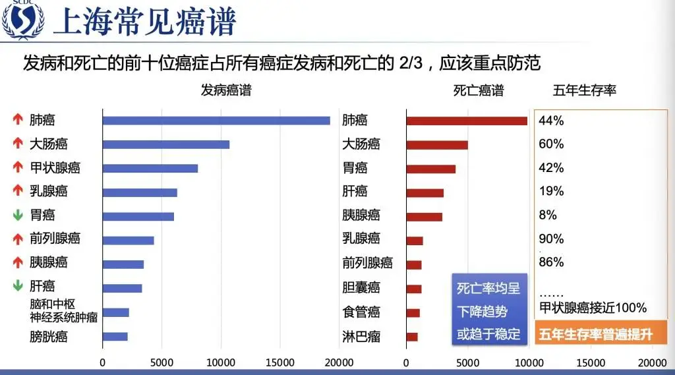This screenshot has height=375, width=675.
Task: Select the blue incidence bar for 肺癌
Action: click(x=216, y=120)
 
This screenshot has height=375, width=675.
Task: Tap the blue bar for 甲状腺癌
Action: click(x=150, y=168)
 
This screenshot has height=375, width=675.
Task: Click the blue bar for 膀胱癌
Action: click(x=115, y=337)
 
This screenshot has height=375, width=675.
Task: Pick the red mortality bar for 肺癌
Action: click(x=467, y=121)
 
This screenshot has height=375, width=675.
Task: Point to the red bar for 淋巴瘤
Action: click(x=412, y=337)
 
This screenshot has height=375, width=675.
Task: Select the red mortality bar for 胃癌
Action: click(x=431, y=168)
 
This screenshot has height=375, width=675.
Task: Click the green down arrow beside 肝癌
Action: click(x=18, y=286)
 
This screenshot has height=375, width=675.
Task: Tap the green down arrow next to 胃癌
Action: click(x=18, y=215)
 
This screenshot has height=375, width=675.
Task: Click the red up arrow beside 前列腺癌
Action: click(x=18, y=239)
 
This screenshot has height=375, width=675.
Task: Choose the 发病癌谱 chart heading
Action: click(x=226, y=91)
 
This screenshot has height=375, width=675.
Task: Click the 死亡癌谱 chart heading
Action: click(x=479, y=91)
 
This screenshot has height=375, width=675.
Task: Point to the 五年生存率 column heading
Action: click(x=584, y=91)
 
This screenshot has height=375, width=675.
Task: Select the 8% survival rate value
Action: click(x=548, y=215)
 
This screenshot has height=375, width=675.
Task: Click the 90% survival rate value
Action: click(x=551, y=239)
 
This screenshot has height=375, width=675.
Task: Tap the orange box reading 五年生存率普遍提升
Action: click(x=596, y=334)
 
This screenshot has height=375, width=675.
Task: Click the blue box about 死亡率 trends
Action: click(x=488, y=311)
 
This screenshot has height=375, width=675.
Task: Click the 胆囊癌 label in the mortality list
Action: click(x=361, y=287)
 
